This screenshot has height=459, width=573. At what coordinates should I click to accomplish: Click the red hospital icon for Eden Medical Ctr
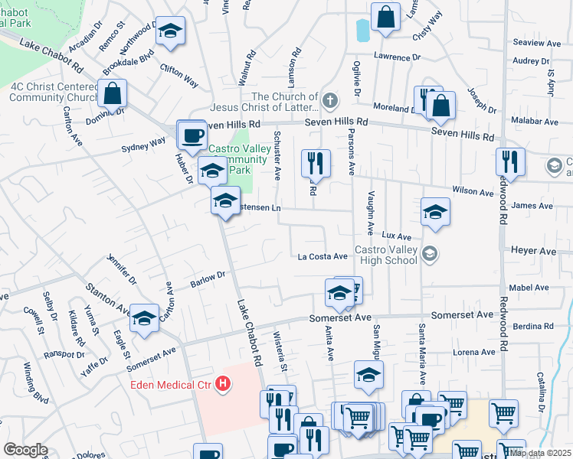(x=223, y=383)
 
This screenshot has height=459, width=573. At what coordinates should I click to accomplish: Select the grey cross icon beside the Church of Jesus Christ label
(x=330, y=101)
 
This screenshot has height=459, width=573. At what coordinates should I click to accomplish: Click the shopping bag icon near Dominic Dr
(x=112, y=94)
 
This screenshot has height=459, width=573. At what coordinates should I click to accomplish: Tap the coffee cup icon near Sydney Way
(x=192, y=135)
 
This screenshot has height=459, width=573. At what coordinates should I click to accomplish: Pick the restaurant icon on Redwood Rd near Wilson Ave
(x=509, y=162)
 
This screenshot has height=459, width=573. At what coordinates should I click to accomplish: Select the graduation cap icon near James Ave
(x=435, y=212)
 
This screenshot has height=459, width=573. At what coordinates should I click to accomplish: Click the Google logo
(x=25, y=450)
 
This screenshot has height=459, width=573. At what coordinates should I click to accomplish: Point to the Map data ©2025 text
(x=540, y=453)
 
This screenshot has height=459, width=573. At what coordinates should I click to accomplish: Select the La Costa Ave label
(x=323, y=257)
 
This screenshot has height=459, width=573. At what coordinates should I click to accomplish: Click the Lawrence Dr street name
(x=397, y=57)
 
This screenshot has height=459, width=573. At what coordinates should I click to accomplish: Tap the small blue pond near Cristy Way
(x=362, y=30)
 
